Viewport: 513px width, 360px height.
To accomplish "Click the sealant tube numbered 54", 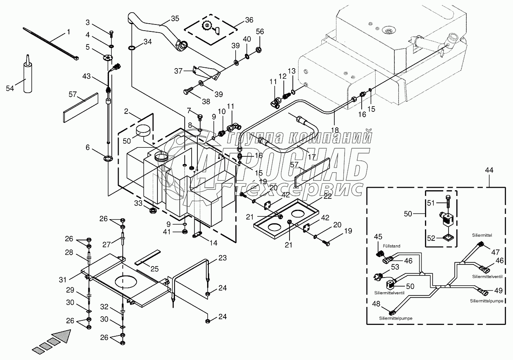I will (x=28, y=78).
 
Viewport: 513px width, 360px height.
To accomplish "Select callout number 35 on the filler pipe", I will (x=175, y=18).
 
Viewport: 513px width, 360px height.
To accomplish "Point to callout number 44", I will (x=489, y=171).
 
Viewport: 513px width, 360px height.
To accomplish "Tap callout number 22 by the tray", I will (x=328, y=196).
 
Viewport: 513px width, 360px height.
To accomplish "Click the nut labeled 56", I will (x=259, y=50).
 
